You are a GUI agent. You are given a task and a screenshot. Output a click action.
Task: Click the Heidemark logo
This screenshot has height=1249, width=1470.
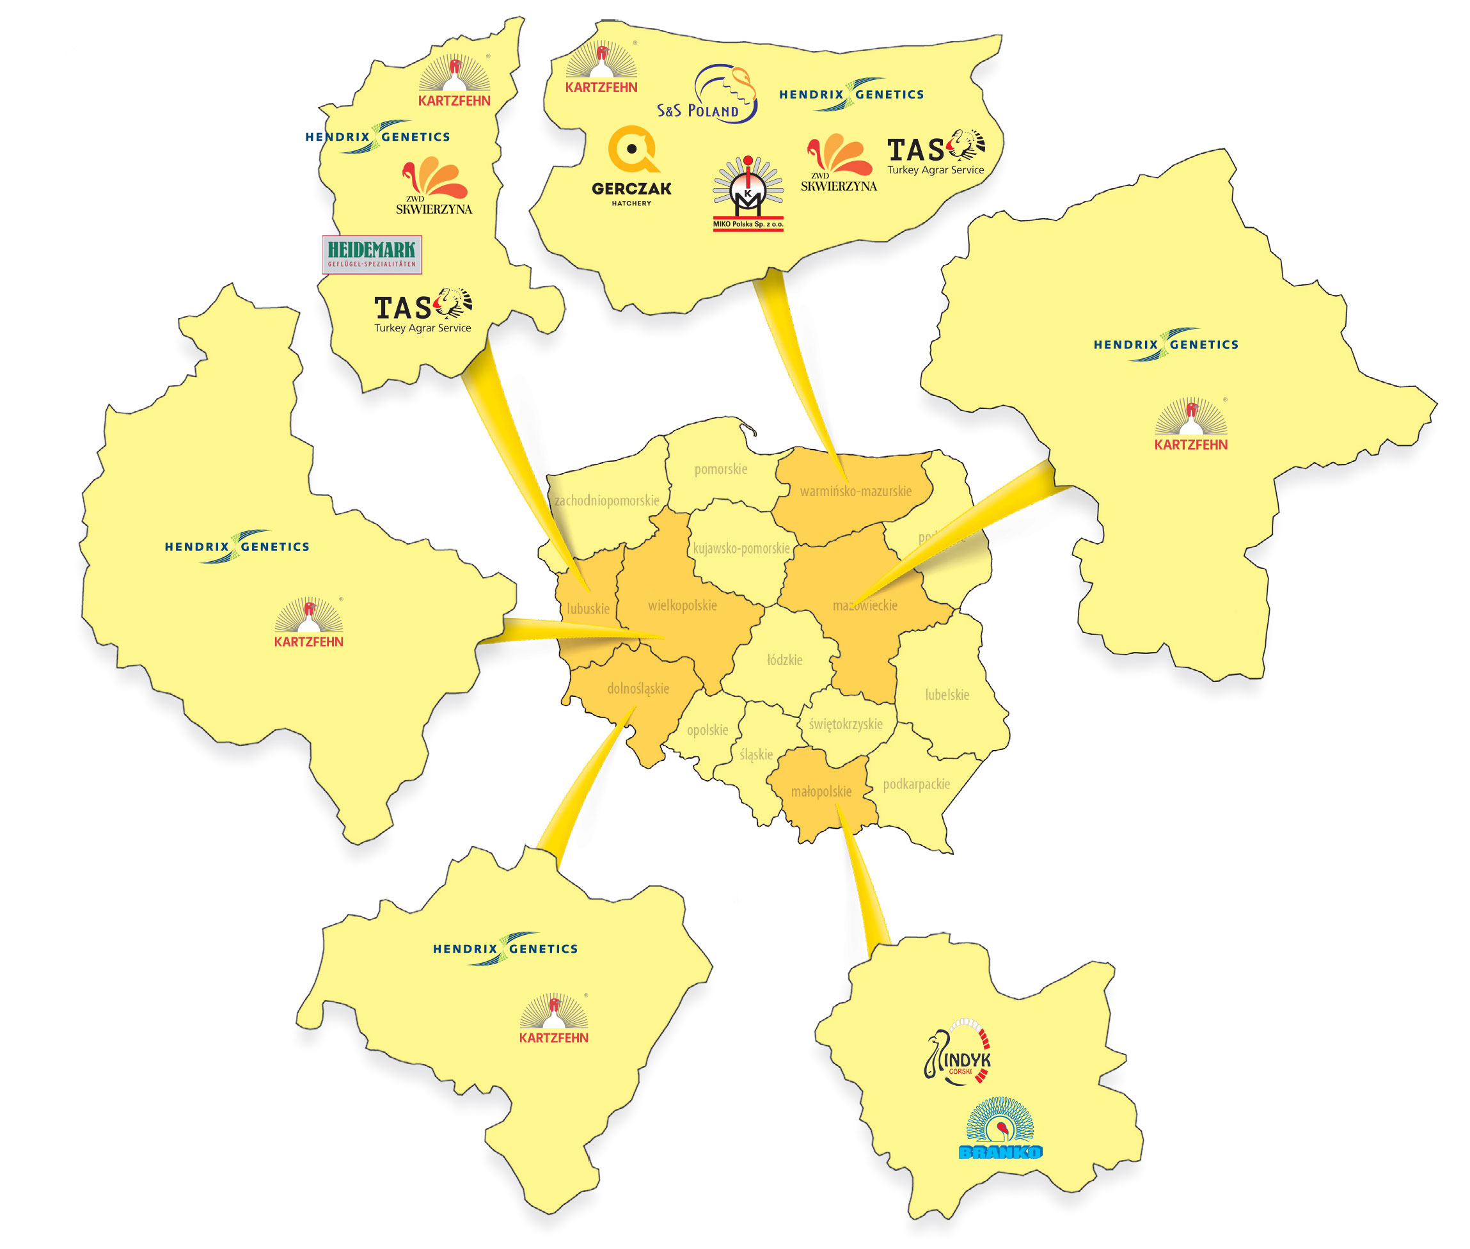coord(372,254)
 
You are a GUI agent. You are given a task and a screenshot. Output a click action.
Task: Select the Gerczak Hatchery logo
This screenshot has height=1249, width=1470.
coord(631,166)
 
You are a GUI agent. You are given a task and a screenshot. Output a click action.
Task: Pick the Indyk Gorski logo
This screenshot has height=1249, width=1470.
coord(958,1051)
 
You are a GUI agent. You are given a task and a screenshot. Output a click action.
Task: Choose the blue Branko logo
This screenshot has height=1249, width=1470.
coord(999,1129)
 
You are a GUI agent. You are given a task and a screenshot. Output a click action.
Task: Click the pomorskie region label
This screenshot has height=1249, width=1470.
coord(720,469)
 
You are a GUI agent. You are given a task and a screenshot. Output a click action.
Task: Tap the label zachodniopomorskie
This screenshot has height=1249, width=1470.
coord(606,500)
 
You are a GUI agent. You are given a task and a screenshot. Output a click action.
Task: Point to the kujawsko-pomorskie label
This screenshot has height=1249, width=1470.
coord(740,548)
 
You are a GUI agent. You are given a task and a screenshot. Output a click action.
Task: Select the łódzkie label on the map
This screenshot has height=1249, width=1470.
coord(784,660)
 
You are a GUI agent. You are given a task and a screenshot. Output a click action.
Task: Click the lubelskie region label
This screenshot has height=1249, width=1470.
coord(946,695)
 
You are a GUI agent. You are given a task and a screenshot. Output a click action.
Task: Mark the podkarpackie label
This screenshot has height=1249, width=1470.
coord(916,784)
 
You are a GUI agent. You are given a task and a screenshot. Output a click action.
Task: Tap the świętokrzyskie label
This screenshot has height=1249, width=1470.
coord(845,724)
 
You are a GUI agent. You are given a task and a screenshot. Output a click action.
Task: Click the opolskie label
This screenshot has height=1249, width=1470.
coord(706,729)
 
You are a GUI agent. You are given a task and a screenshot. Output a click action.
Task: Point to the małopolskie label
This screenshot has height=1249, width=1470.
coord(820,791)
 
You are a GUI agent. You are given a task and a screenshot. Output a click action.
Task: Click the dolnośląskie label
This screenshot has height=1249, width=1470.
coord(637,688)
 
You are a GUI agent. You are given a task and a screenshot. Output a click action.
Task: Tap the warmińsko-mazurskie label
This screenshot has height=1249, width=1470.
coord(855,491)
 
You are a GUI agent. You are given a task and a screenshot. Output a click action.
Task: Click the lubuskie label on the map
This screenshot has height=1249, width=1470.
coord(587,609)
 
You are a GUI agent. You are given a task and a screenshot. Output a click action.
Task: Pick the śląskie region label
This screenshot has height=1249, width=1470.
coord(755,754)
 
